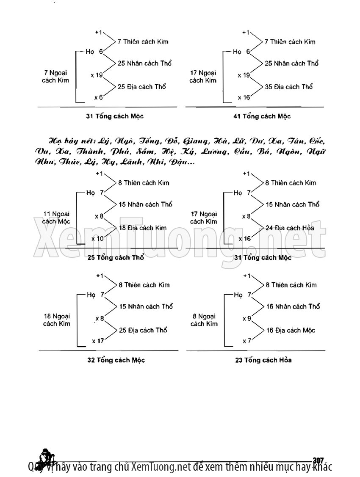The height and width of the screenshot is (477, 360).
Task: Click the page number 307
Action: click(318, 460)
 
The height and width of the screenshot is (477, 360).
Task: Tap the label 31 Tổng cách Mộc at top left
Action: click(112, 116)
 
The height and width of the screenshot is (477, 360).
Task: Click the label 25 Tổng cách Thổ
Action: click(116, 257)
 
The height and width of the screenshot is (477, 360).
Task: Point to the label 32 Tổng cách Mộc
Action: click(116, 360)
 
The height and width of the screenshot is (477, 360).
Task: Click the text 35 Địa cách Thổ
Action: click(289, 87)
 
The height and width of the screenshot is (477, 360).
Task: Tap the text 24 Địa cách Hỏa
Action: click(290, 228)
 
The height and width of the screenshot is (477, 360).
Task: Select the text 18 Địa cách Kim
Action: click(142, 228)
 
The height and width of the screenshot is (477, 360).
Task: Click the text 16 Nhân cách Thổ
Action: click(293, 306)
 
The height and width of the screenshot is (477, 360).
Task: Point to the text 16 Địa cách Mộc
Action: click(290, 330)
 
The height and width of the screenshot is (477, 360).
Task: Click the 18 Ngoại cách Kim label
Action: click(56, 320)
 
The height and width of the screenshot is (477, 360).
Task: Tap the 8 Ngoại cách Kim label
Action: click(204, 320)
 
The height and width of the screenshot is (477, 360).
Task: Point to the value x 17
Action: click(97, 340)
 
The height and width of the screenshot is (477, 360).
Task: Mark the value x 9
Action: click(247, 318)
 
